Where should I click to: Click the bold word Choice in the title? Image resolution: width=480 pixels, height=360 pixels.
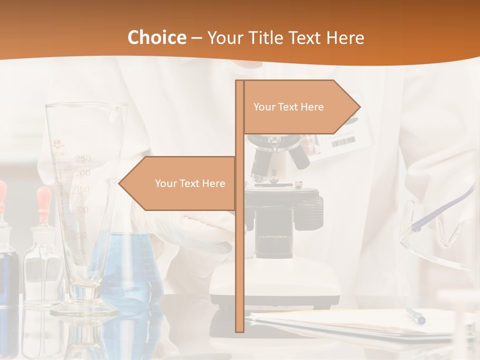156,37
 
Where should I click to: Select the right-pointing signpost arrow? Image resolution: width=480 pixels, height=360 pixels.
300,107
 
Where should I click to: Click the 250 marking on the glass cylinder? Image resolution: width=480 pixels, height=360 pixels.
83,159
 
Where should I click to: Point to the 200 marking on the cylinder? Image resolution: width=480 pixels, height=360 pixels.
83,173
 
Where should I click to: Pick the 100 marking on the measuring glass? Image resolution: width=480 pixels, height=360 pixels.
82,209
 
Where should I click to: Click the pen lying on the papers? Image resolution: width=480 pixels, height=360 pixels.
415,315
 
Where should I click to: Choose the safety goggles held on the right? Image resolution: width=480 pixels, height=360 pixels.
440,225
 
